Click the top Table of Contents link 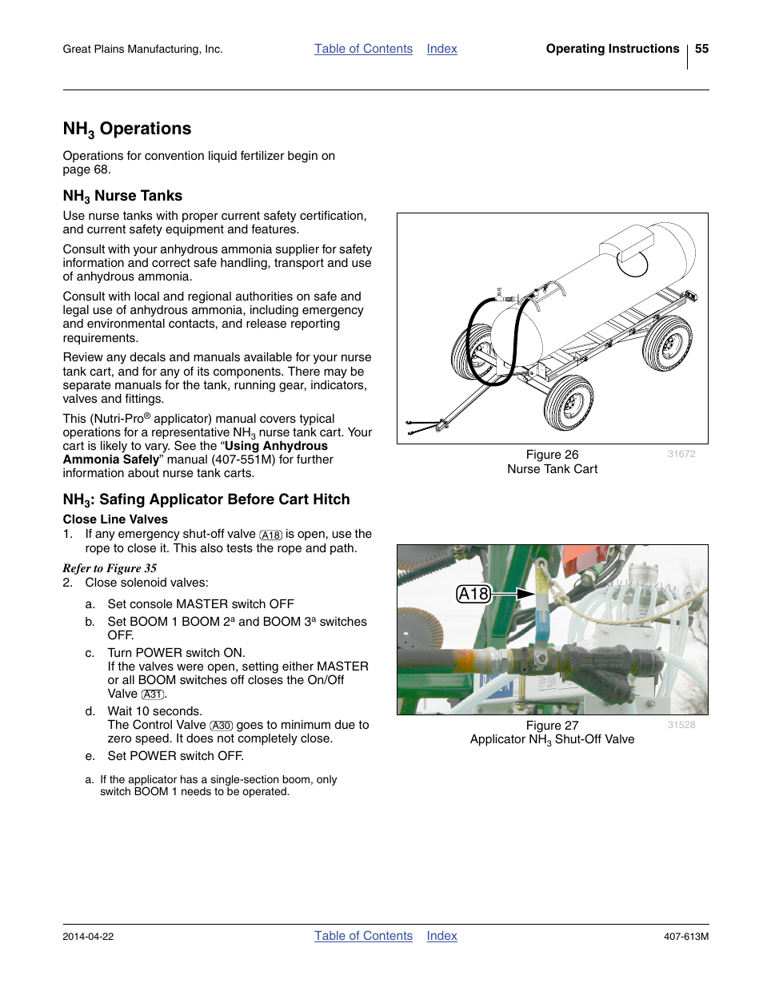pyautogui.click(x=363, y=49)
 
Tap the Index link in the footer pyautogui.click(x=441, y=936)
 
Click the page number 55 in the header pyautogui.click(x=701, y=49)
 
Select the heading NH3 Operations pyautogui.click(x=127, y=129)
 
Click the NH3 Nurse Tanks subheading pyautogui.click(x=122, y=197)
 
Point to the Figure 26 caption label pyautogui.click(x=552, y=455)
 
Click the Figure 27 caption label pyautogui.click(x=552, y=726)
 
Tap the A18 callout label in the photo pyautogui.click(x=473, y=594)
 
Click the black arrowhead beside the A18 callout pyautogui.click(x=525, y=594)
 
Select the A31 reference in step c pyautogui.click(x=153, y=694)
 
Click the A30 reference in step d pyautogui.click(x=221, y=726)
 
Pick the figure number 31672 pyautogui.click(x=681, y=454)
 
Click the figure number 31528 pyautogui.click(x=681, y=725)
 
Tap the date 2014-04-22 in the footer pyautogui.click(x=88, y=937)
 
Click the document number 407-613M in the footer pyautogui.click(x=685, y=937)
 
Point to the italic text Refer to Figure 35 pyautogui.click(x=110, y=568)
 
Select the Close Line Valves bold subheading pyautogui.click(x=115, y=519)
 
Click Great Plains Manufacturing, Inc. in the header pyautogui.click(x=142, y=50)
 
